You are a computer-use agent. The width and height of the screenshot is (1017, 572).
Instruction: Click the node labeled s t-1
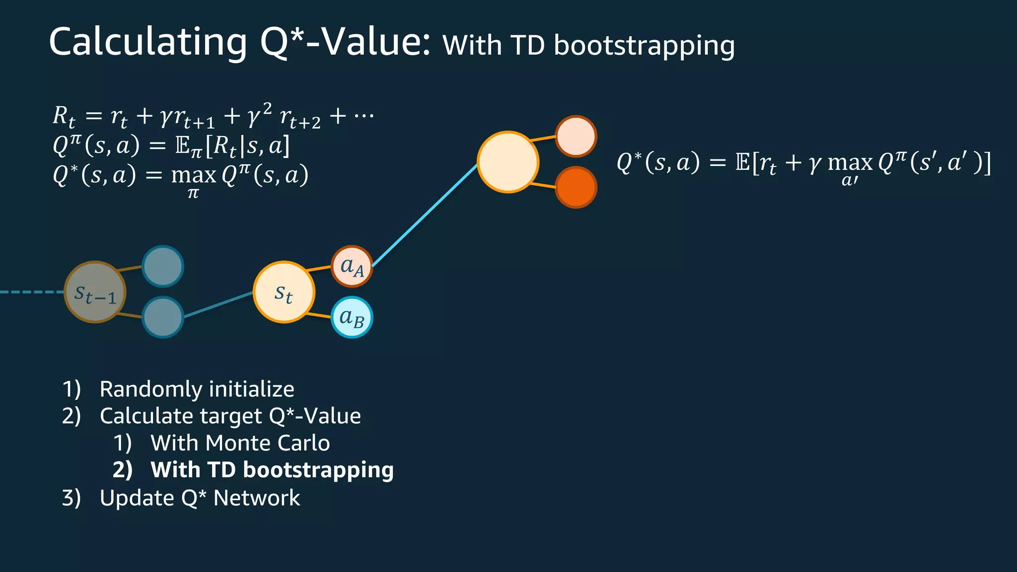click(95, 292)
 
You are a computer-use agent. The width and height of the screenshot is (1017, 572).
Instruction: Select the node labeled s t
click(284, 292)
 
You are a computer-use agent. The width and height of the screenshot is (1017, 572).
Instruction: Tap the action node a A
click(352, 267)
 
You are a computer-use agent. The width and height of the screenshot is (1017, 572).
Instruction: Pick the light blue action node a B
click(352, 317)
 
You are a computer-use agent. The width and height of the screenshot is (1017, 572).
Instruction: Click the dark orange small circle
click(576, 188)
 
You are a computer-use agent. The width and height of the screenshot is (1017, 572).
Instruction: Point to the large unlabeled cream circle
click(508, 162)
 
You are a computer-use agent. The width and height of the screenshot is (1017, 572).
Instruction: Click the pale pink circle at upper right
click(576, 137)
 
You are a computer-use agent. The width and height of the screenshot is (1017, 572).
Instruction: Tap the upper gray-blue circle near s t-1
click(163, 267)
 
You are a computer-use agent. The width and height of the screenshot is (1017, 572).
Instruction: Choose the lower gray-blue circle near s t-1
click(163, 317)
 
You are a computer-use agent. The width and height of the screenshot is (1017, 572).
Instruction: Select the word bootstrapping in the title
click(644, 46)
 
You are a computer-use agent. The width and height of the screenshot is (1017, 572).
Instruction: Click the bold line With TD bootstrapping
click(272, 470)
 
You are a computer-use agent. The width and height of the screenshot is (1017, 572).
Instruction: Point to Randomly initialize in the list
click(197, 389)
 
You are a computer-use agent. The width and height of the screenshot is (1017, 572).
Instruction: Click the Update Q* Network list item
click(200, 498)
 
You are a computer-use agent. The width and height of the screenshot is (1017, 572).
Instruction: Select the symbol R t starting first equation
click(64, 116)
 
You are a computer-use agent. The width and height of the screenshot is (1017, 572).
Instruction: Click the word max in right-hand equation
click(850, 163)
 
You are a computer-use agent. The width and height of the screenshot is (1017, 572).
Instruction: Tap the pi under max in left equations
click(193, 194)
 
